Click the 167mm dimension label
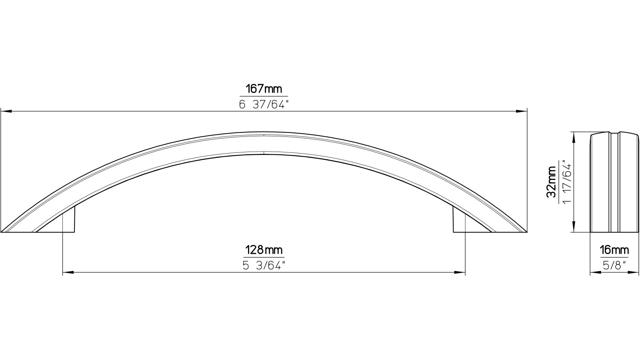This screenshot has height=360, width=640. [264, 89]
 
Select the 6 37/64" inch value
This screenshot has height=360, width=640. [264, 105]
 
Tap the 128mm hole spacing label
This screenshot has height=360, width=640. [264, 250]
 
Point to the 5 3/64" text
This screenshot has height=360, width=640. [264, 266]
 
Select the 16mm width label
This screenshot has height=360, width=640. [614, 250]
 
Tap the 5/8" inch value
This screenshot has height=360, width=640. [614, 266]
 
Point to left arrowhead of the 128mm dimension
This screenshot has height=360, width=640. [68, 273]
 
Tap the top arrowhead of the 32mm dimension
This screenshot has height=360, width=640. [574, 136]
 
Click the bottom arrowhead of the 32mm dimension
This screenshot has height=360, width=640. [574, 228]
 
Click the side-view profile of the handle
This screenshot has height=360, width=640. [614, 182]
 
